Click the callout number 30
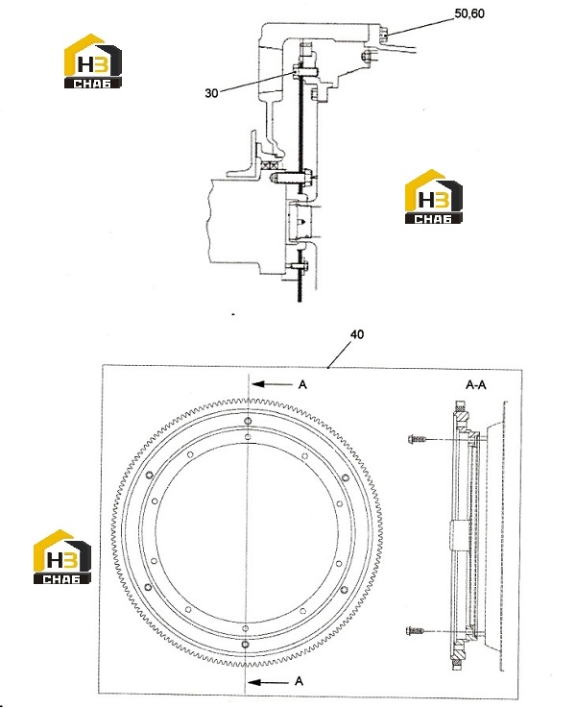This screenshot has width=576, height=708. pyautogui.click(x=211, y=93)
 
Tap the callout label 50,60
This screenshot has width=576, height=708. pyautogui.click(x=469, y=13)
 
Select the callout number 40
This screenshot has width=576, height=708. pyautogui.click(x=357, y=334)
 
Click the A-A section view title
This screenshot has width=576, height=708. pyautogui.click(x=476, y=384)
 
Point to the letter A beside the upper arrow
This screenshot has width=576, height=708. pyautogui.click(x=302, y=384)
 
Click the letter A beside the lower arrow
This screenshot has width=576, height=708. pyautogui.click(x=299, y=681)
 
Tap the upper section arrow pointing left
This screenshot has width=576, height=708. pyautogui.click(x=273, y=384)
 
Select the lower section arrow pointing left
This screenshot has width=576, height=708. pyautogui.click(x=268, y=682)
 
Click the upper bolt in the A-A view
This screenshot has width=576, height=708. pyautogui.click(x=417, y=438)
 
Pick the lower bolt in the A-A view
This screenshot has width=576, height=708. pyautogui.click(x=416, y=631)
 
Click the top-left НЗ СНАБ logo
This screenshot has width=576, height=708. pyautogui.click(x=92, y=61)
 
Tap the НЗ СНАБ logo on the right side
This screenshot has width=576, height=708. pyautogui.click(x=434, y=197)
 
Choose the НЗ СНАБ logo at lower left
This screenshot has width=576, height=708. pyautogui.click(x=62, y=557)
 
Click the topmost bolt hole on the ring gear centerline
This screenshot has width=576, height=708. pyautogui.click(x=248, y=422)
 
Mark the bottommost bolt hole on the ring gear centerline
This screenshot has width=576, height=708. pyautogui.click(x=245, y=645)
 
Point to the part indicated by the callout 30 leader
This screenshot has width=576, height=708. pyautogui.click(x=298, y=71)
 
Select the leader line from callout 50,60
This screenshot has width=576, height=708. pyautogui.click(x=420, y=26)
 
